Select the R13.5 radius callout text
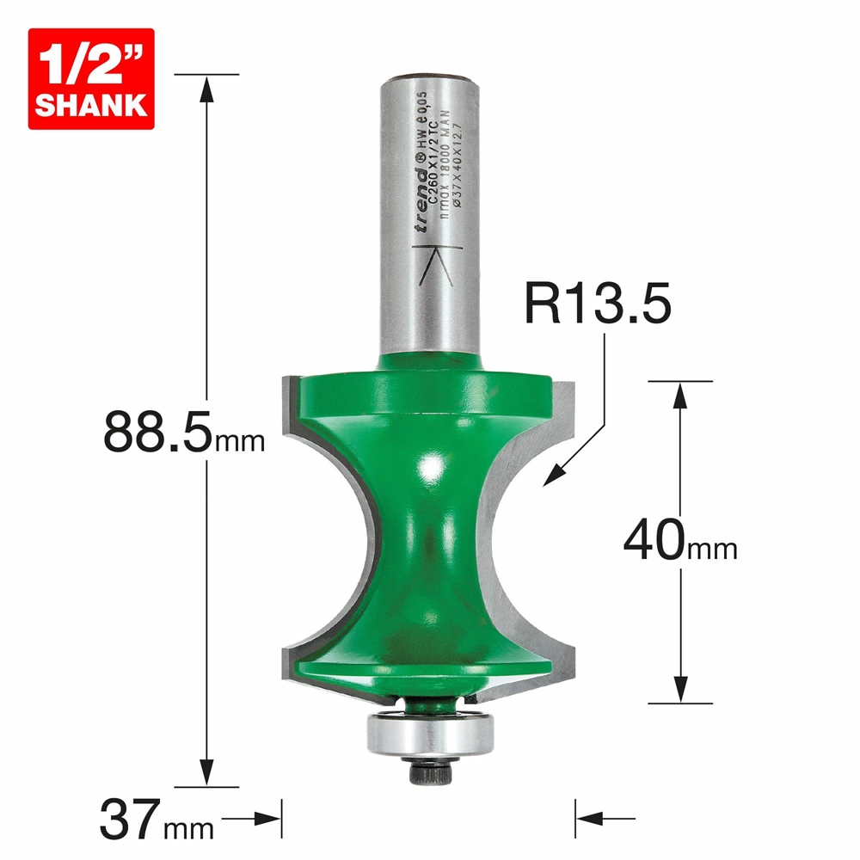coord(597,305)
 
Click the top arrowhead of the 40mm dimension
coord(681,391)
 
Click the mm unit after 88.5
coord(239,443)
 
